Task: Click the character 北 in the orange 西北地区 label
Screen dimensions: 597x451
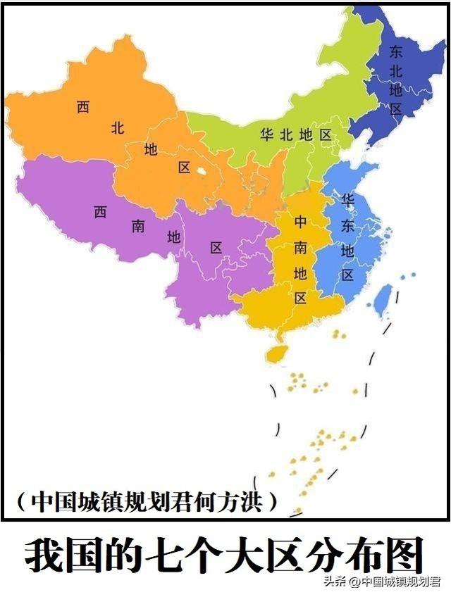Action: [x=118, y=128]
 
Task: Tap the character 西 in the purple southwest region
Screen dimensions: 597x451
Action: [x=100, y=211]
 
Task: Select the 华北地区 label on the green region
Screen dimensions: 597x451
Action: [x=295, y=134]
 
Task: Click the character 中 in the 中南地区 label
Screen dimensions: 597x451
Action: [x=300, y=222]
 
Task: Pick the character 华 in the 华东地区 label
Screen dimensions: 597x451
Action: [x=347, y=199]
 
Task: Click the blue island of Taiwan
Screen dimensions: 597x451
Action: [x=383, y=298]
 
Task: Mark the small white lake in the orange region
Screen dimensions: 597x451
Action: [x=202, y=170]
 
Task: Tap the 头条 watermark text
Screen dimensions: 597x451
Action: [x=335, y=582]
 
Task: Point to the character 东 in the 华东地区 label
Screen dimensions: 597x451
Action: [x=347, y=225]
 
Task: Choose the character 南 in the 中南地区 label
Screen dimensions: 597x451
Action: [x=300, y=247]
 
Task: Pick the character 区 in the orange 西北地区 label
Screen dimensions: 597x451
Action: [x=185, y=168]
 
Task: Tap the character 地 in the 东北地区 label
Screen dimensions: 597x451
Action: [x=396, y=89]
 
